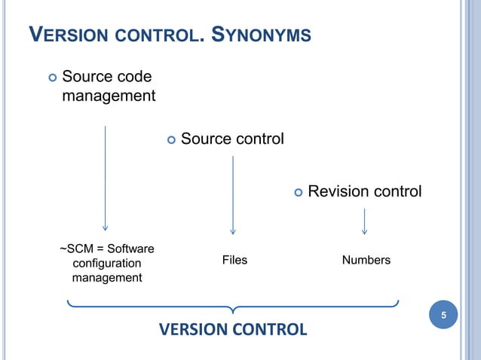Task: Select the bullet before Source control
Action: pyautogui.click(x=170, y=139)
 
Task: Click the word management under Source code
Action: pyautogui.click(x=109, y=96)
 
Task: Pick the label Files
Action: pyautogui.click(x=234, y=260)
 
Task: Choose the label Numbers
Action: pyautogui.click(x=366, y=260)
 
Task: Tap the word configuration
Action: pyautogui.click(x=106, y=263)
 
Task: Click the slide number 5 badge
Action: pyautogui.click(x=443, y=315)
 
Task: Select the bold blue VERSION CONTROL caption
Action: pyautogui.click(x=233, y=329)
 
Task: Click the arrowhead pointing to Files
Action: pyautogui.click(x=233, y=230)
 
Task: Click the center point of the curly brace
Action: pyautogui.click(x=233, y=310)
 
